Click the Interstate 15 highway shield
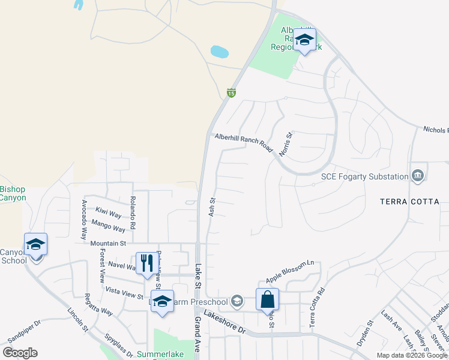pyautogui.click(x=231, y=92)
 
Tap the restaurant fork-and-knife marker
pyautogui.click(x=146, y=263)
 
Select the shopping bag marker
pyautogui.click(x=267, y=299)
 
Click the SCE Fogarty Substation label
pyautogui.click(x=364, y=176)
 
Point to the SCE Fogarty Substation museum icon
pyautogui.click(x=418, y=176)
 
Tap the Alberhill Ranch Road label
pyautogui.click(x=244, y=143)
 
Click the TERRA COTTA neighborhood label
pyautogui.click(x=409, y=202)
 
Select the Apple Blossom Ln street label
pyautogui.click(x=290, y=272)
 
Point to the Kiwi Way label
pyautogui.click(x=108, y=214)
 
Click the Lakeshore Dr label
pyautogui.click(x=224, y=322)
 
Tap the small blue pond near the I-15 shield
pyautogui.click(x=219, y=52)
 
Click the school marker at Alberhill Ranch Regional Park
pyautogui.click(x=304, y=40)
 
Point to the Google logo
pyautogui.click(x=20, y=353)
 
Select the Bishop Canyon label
pyautogui.click(x=13, y=193)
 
